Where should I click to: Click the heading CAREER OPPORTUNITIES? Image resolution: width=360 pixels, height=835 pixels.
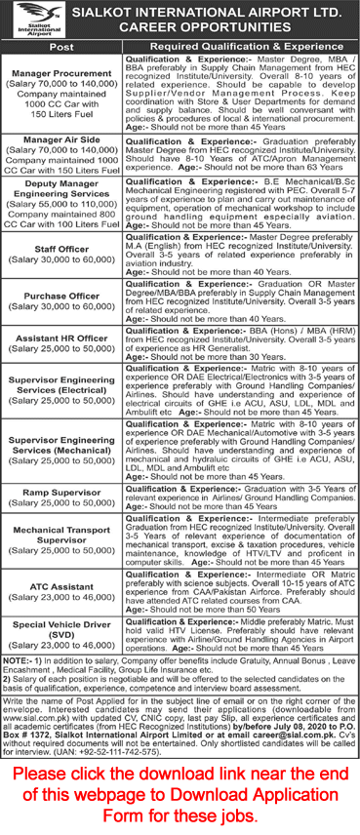210,28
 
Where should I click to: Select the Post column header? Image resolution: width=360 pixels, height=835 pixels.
61,46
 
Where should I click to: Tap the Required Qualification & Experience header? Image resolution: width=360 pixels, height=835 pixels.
241,46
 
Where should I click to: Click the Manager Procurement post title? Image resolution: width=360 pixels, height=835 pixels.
61,74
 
